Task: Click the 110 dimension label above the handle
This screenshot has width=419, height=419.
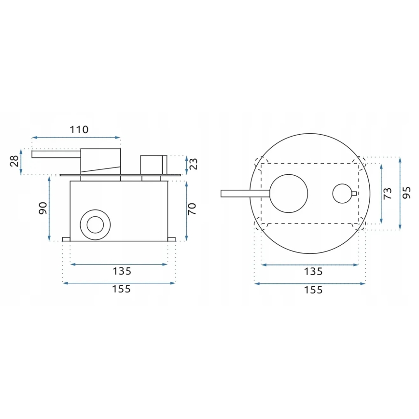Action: pos(79,129)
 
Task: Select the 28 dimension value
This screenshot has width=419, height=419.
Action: pos(14,161)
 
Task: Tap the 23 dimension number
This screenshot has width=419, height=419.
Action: pos(194,164)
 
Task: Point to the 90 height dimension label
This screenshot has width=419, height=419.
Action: pos(42,209)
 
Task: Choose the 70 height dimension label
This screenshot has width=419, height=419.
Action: pos(192,209)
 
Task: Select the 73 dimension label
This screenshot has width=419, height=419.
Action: pos(387,194)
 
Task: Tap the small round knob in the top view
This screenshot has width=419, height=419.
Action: pos(342,194)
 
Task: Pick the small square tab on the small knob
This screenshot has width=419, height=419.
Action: pos(354,194)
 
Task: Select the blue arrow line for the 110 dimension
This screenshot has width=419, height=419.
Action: pos(76,138)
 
